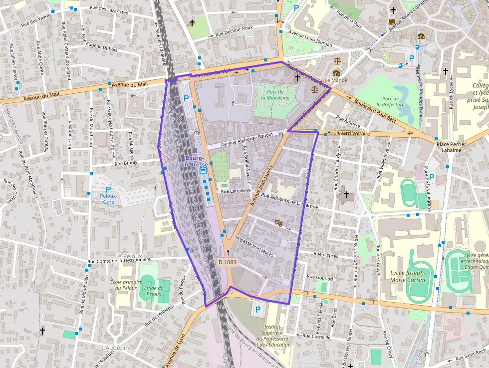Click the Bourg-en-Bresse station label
coord(194,161)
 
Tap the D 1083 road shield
coord(228,262)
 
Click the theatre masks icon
coord(279,223)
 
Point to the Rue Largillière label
coord(236,191)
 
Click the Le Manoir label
coord(336,80)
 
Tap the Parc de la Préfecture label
coord(390,102)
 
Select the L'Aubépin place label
coord(115,348)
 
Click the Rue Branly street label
coord(126,163)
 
